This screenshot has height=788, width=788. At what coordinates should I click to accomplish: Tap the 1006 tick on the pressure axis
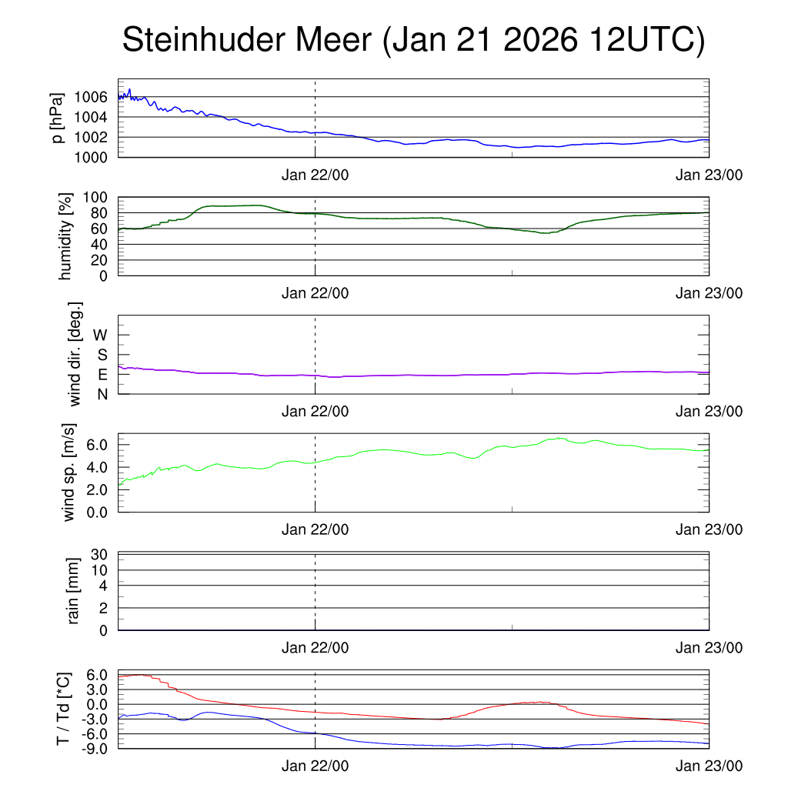(92, 97)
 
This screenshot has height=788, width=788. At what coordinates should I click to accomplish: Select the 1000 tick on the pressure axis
(92, 157)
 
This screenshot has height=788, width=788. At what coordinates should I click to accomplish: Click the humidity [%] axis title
(65, 236)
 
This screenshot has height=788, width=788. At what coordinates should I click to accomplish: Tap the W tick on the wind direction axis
(100, 335)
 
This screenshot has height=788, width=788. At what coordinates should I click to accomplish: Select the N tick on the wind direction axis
(102, 394)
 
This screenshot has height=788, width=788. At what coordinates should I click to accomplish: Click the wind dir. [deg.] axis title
(75, 354)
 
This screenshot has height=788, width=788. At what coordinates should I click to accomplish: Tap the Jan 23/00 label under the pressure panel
(709, 175)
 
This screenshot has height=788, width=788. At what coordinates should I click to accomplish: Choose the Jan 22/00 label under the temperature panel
(315, 766)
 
